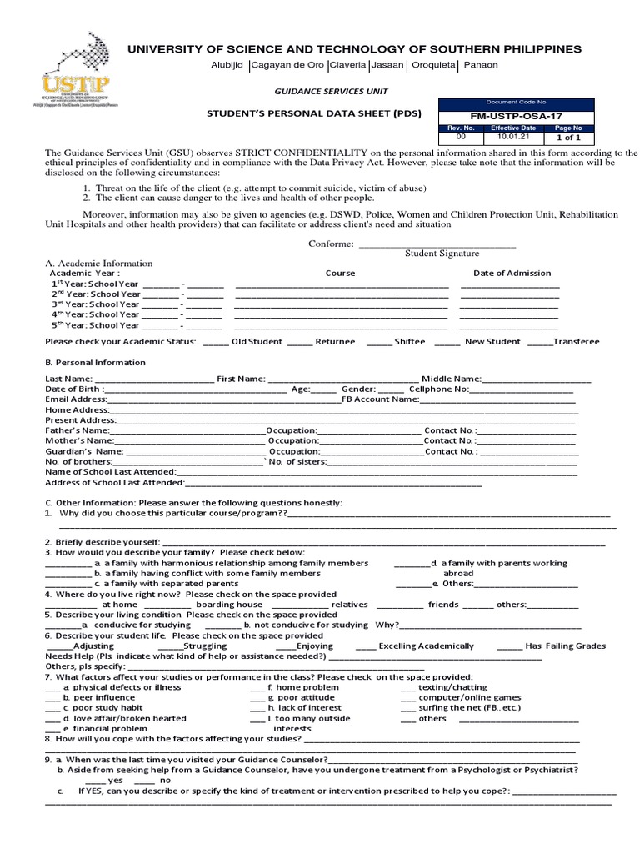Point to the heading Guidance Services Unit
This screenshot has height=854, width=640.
click(x=326, y=91)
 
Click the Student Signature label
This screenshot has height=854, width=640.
click(x=442, y=254)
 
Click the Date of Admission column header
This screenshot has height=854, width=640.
click(x=512, y=273)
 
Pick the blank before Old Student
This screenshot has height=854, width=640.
click(x=215, y=342)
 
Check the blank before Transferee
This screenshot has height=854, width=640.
click(x=539, y=342)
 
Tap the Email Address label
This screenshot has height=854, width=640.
click(x=76, y=399)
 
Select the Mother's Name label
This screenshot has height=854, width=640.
click(x=78, y=440)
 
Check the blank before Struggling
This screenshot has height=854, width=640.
click(x=170, y=646)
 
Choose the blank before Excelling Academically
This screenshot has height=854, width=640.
click(x=365, y=646)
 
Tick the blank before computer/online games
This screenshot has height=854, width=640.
click(x=407, y=697)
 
